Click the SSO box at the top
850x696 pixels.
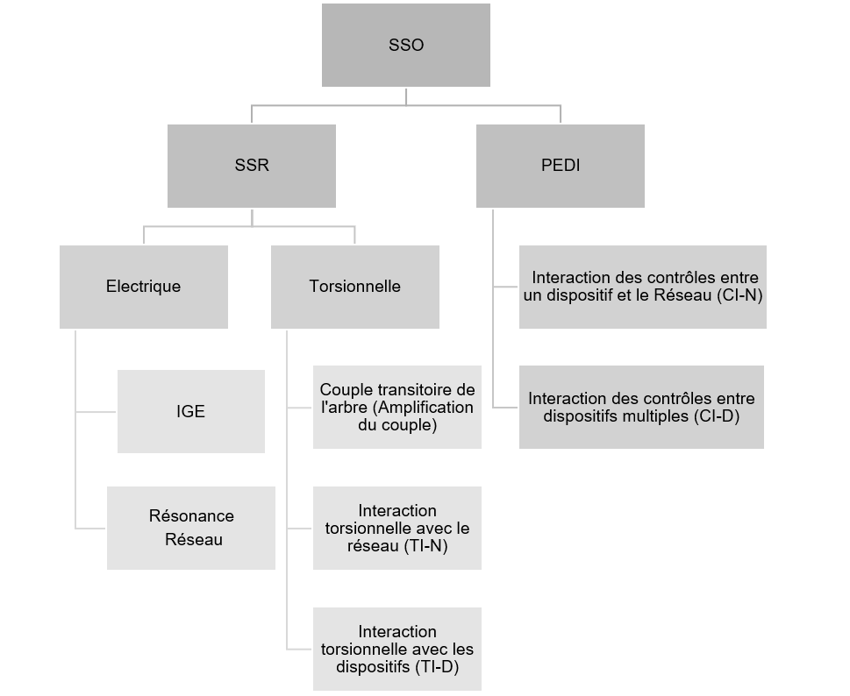405,45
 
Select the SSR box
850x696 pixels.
251,166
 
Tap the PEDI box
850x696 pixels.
560,166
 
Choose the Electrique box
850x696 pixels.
143,287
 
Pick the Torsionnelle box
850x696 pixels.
354,287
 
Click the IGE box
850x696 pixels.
190,411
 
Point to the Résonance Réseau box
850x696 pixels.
191,528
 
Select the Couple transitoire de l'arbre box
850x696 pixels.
396,407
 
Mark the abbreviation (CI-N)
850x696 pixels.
739,295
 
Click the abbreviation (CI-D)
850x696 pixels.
716,416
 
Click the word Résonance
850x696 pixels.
191,515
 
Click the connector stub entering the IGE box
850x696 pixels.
96,411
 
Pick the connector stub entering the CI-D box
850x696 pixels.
505,407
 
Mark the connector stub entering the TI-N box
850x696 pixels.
300,529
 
